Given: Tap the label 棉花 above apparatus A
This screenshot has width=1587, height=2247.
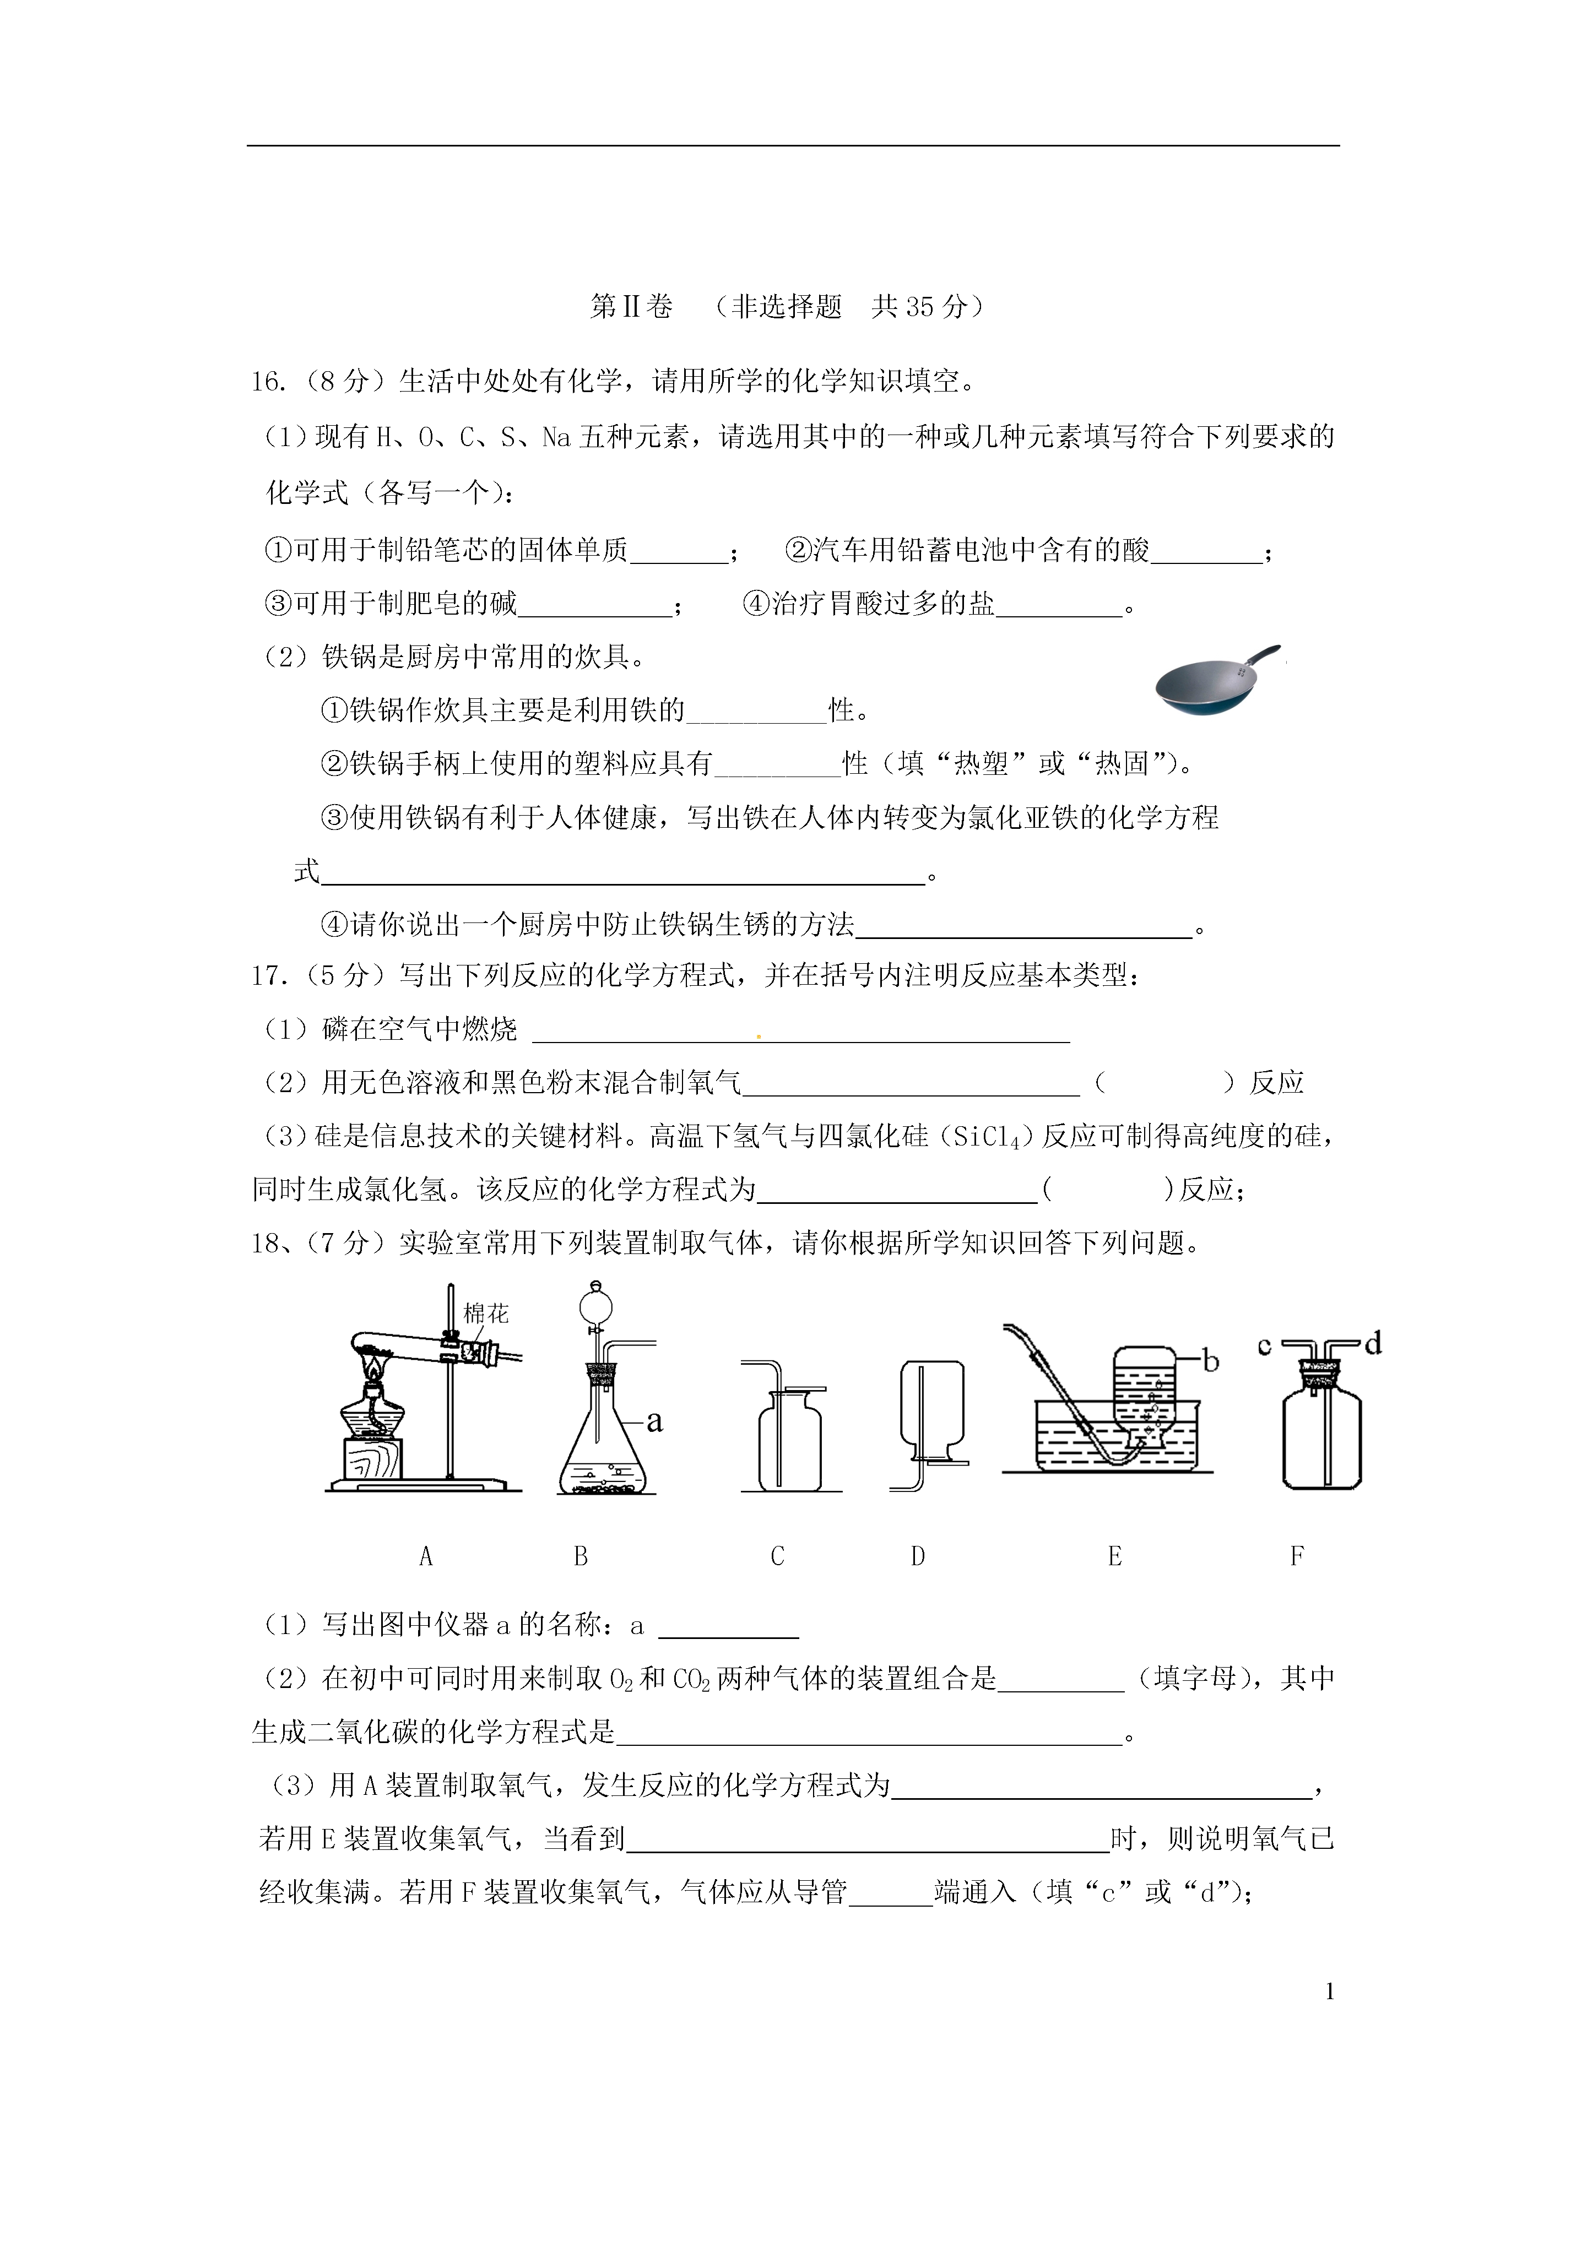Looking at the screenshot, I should pyautogui.click(x=486, y=1314).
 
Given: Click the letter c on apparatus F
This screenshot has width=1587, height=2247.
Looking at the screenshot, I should pyautogui.click(x=1264, y=1347).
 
